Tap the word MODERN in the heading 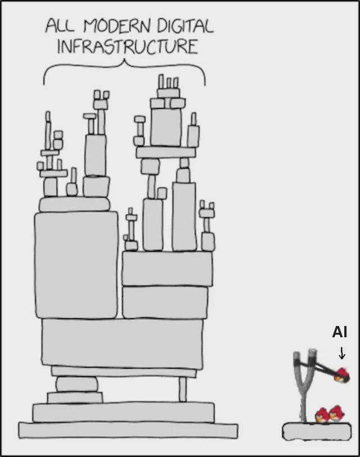pos(109,26)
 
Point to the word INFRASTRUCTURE pos(127,46)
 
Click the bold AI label pos(339,332)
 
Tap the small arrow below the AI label pos(341,353)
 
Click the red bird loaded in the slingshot pos(341,375)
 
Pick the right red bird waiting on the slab pos(336,414)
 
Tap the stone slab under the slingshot pos(316,432)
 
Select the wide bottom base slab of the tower pos(128,430)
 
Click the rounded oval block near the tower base pos(76,384)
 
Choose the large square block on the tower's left pos(76,264)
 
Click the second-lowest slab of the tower pos(123,412)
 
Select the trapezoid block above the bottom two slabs pos(75,397)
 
